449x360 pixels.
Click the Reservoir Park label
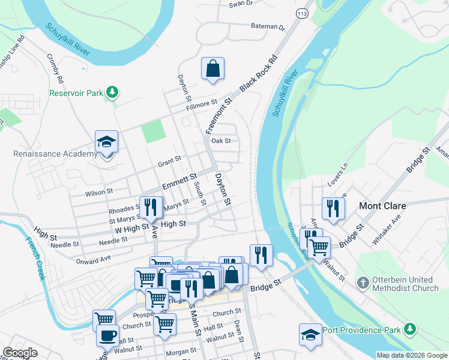coord(76,94)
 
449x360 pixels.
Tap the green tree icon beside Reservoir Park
coord(111,92)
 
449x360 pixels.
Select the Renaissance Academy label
coord(55,154)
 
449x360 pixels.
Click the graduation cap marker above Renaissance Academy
coord(106,142)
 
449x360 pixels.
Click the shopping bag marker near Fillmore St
coord(213,69)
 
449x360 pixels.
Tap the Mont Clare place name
coord(382,206)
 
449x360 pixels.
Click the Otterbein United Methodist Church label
coord(405,284)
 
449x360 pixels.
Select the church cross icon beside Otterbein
coord(363,282)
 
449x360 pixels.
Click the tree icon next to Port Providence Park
coord(409,328)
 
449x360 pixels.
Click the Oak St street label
coord(221,141)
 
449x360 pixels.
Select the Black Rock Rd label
coord(259,74)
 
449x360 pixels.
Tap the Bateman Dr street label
coord(268,27)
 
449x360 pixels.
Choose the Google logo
coord(20,353)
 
